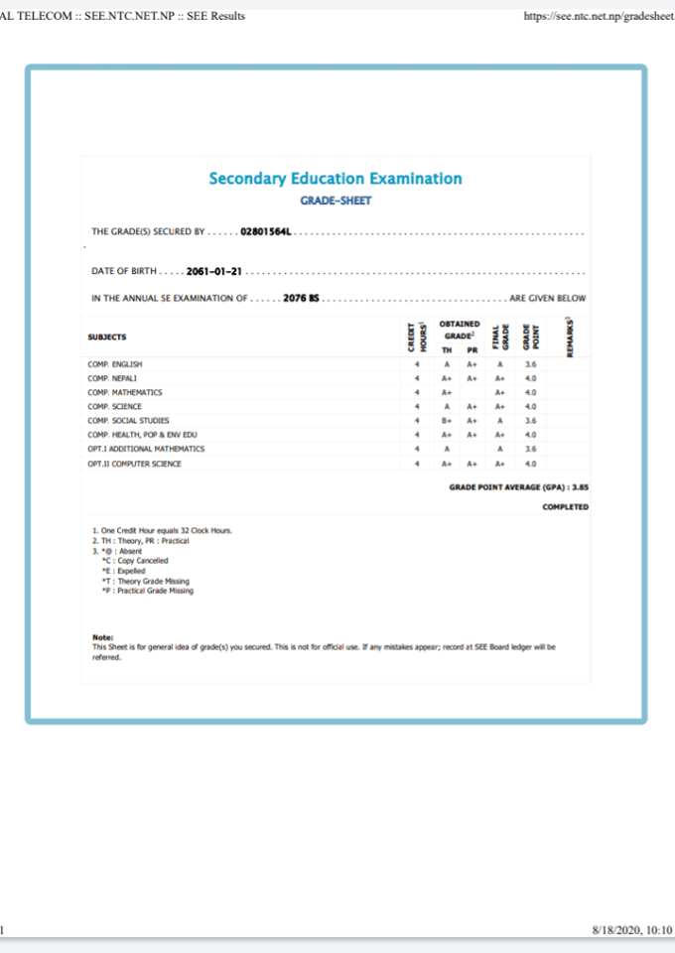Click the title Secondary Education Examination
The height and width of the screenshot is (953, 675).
[335, 179]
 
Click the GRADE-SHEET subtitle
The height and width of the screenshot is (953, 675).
[336, 200]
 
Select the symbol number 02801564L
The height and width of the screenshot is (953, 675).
[268, 232]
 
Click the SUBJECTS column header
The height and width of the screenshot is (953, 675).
[107, 338]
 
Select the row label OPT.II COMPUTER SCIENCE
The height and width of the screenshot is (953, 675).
[134, 464]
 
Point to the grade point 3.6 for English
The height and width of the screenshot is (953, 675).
[530, 364]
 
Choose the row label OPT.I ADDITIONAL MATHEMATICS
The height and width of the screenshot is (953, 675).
[146, 449]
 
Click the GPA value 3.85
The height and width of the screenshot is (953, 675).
[580, 487]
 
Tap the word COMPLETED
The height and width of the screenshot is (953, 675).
[565, 507]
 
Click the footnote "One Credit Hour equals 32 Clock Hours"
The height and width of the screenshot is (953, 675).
[165, 531]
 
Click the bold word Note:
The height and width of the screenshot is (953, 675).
[103, 636]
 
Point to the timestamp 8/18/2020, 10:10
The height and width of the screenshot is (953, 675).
[631, 931]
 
